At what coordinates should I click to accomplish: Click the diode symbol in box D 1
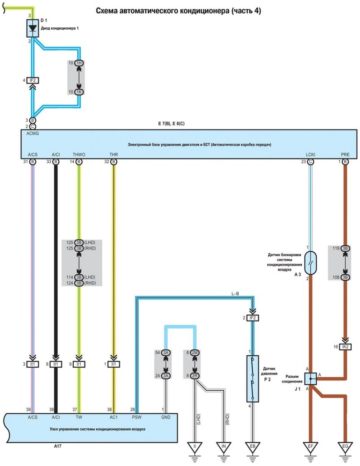[32, 28]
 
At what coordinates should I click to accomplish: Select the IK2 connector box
[345, 347]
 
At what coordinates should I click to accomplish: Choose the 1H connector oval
[79, 63]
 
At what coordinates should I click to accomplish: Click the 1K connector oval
[79, 92]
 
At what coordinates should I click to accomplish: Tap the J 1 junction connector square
[310, 379]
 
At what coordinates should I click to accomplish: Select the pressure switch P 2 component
[253, 379]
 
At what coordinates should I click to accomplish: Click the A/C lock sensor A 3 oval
[310, 263]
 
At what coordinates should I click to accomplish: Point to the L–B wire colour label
[235, 294]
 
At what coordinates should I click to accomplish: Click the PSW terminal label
[137, 417]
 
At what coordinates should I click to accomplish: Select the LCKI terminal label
[310, 154]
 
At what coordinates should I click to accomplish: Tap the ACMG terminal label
[32, 133]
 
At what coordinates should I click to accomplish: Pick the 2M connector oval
[194, 353]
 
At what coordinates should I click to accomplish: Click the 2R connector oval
[194, 376]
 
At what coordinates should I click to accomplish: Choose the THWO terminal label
[79, 154]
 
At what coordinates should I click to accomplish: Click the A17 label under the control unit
[58, 446]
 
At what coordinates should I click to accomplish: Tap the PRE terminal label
[345, 154]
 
